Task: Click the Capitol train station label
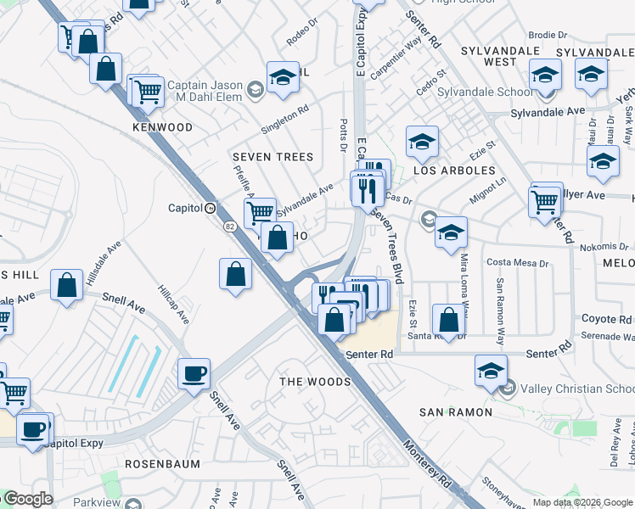point(184,208)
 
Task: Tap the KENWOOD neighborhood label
point(163,127)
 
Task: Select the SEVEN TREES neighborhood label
point(273,157)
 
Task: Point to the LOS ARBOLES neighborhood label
point(454,171)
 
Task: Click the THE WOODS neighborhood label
point(316,382)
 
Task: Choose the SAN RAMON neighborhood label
point(456,412)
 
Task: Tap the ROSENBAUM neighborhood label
point(162,464)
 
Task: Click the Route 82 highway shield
point(230,226)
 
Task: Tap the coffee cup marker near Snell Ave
point(194,373)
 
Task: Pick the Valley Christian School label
point(575,389)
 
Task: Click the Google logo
point(28,499)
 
